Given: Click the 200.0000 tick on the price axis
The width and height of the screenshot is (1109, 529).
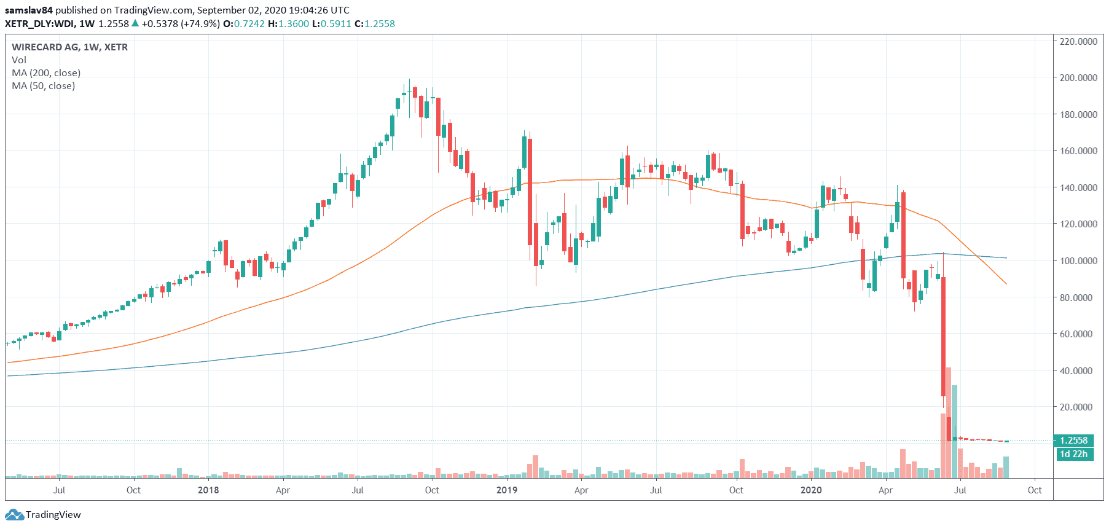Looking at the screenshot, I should (x=1078, y=78).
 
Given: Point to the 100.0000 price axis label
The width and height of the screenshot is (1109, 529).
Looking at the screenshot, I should (x=1078, y=261).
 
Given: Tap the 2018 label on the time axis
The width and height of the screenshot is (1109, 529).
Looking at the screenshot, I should (x=208, y=490).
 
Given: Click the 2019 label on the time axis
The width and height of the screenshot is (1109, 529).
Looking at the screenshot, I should (x=507, y=490).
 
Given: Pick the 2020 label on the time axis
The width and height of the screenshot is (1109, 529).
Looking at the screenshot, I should (x=811, y=490).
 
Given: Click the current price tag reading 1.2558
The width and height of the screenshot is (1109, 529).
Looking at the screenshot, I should (x=1073, y=441).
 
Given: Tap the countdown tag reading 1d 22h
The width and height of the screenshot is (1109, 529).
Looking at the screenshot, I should (x=1073, y=454).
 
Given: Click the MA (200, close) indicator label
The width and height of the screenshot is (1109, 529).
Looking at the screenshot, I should (x=46, y=73).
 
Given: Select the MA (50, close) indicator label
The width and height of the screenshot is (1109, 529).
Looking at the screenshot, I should (x=44, y=86).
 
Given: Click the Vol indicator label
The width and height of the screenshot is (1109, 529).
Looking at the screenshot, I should (x=19, y=60).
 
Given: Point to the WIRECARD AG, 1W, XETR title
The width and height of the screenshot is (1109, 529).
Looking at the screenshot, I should (x=69, y=47).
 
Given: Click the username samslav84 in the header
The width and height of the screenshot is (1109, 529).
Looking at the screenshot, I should (x=29, y=10).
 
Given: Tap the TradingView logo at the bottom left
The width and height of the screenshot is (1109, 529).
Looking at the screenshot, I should (x=43, y=515).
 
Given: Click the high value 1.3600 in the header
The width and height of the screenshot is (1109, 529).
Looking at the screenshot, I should (x=294, y=24).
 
